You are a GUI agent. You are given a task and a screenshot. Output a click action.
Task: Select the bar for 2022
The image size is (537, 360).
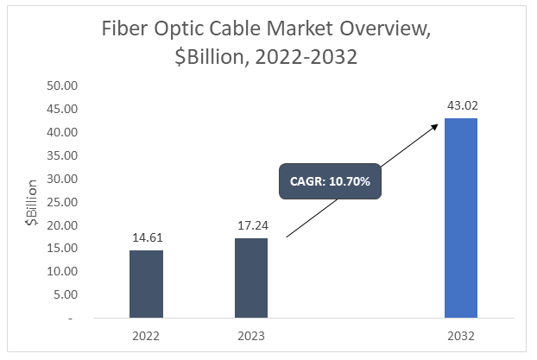146,284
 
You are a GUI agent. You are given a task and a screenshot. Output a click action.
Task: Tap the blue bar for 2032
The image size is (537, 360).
461,218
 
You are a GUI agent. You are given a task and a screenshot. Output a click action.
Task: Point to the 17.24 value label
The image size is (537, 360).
251,226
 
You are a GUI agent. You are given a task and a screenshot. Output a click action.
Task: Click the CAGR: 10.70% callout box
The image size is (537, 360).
329,183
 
